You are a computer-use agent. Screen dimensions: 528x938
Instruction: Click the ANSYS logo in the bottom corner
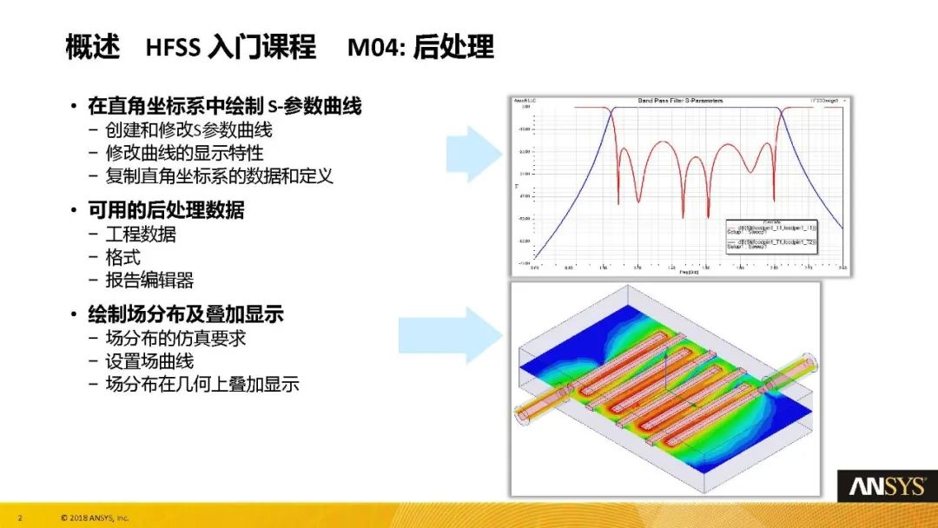[x=886, y=486]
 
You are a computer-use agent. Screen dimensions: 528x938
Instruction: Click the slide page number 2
[x=19, y=518]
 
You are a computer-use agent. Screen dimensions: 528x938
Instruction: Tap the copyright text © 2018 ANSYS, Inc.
[x=95, y=518]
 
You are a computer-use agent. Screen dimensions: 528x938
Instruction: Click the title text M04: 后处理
[x=420, y=47]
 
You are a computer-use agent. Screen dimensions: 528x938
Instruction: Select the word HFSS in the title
[x=173, y=47]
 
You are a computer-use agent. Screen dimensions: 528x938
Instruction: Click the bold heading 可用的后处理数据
[x=166, y=210]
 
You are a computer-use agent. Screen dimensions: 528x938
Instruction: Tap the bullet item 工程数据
[x=141, y=234]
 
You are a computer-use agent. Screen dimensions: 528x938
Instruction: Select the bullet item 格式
[x=122, y=257]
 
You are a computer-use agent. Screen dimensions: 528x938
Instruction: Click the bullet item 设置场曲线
[x=149, y=361]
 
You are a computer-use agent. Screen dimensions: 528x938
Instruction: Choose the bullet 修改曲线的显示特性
[x=184, y=153]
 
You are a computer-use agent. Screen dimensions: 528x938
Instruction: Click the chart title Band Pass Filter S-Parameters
[x=680, y=101]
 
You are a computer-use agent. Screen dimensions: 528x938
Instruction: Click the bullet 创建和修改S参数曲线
[x=188, y=130]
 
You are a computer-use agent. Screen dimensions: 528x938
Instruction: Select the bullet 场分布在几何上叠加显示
[x=201, y=384]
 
